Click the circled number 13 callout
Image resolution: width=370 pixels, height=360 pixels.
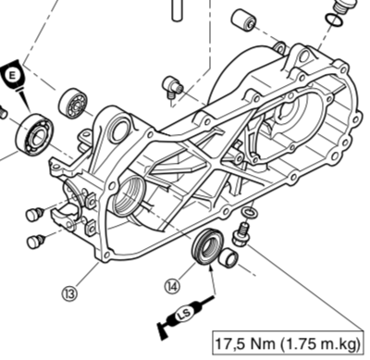[69, 293]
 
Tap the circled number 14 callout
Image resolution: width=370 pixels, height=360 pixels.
[172, 287]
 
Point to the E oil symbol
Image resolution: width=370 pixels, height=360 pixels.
[13, 76]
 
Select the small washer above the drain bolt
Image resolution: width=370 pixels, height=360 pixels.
[249, 212]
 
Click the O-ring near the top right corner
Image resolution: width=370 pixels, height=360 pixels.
[333, 20]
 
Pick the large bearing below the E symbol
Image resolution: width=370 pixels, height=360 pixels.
[35, 135]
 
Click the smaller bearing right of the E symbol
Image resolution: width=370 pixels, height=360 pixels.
[73, 104]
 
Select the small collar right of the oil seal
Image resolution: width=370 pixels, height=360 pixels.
[228, 257]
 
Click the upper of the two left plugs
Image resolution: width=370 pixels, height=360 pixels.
[35, 214]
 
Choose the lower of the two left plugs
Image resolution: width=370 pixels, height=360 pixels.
[35, 241]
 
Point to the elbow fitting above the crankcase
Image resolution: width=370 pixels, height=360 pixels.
[173, 87]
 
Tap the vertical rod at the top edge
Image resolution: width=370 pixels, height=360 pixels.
[177, 10]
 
